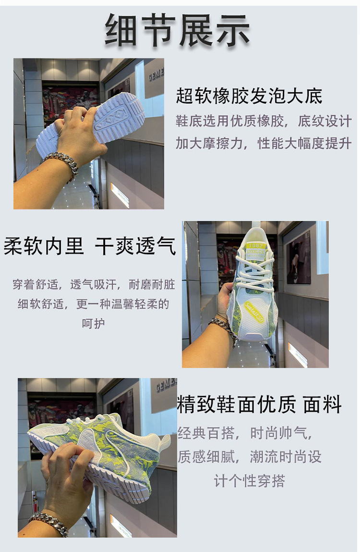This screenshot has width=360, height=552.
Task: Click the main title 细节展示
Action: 178,30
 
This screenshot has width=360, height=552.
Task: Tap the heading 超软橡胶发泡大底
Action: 249,96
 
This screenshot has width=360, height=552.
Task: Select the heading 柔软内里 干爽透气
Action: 89,245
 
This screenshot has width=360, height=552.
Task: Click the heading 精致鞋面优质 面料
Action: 259,404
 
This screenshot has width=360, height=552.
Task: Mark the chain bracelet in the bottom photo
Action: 49,522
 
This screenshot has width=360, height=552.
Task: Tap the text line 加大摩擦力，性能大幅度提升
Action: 264,143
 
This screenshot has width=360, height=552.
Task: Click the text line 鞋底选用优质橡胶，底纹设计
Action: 264,121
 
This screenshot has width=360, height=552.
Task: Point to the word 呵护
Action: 93,323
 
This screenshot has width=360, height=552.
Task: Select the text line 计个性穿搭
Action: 249,480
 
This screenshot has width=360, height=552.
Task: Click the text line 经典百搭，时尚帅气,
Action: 245,433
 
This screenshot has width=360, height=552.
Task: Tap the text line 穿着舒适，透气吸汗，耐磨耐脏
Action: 94,284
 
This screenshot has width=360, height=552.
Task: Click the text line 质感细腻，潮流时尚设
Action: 250,456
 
